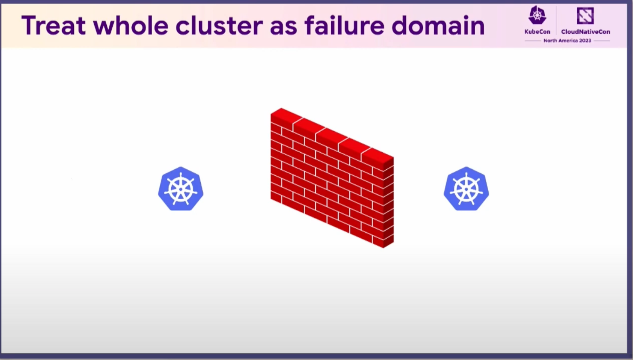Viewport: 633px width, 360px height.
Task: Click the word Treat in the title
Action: point(54,26)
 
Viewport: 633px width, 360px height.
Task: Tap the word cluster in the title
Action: point(219,25)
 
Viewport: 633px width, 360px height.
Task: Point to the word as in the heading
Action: point(284,27)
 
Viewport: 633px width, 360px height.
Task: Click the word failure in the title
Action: point(345,25)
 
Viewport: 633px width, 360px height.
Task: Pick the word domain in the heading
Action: point(438,25)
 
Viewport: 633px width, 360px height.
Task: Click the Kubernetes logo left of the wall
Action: point(180,189)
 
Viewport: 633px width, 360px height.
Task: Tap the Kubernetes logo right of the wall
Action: point(466,189)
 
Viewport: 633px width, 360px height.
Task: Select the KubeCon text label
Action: point(537,32)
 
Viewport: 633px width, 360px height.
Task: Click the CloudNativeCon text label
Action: point(585,32)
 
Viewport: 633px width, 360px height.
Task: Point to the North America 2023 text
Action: point(567,41)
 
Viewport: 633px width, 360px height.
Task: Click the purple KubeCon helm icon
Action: point(537,15)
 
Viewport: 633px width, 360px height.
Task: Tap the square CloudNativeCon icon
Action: point(585,15)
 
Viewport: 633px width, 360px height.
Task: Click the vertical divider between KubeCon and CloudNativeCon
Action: point(556,20)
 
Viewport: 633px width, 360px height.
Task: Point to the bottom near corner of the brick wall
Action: point(384,248)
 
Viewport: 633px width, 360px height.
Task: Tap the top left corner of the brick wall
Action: point(271,114)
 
